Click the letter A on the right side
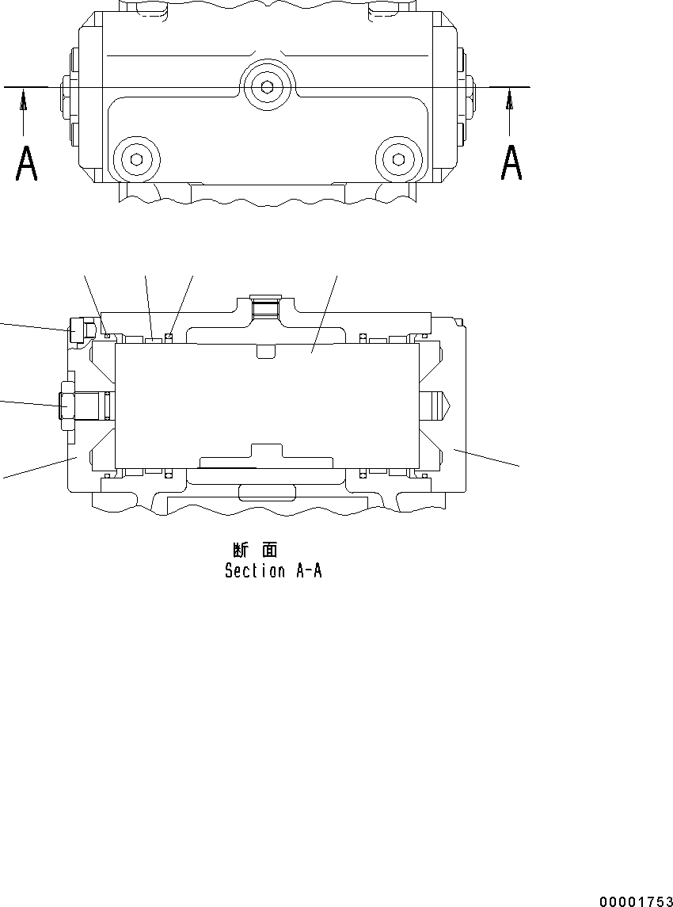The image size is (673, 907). [511, 164]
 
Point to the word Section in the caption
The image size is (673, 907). [254, 570]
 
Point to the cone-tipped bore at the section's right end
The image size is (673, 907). [437, 405]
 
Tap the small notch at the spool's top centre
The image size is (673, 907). [267, 351]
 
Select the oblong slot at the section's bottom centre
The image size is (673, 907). [267, 492]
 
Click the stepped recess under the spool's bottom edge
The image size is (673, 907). [267, 455]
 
